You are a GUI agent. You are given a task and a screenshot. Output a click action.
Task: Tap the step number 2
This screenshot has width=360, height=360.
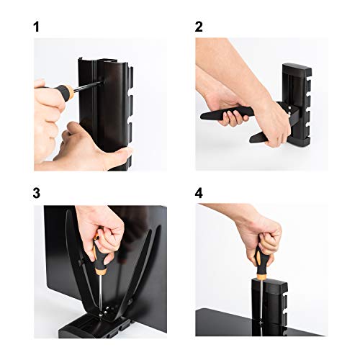[x=199, y=28]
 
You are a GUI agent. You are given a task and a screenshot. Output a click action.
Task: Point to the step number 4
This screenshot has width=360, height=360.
[x=199, y=194]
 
